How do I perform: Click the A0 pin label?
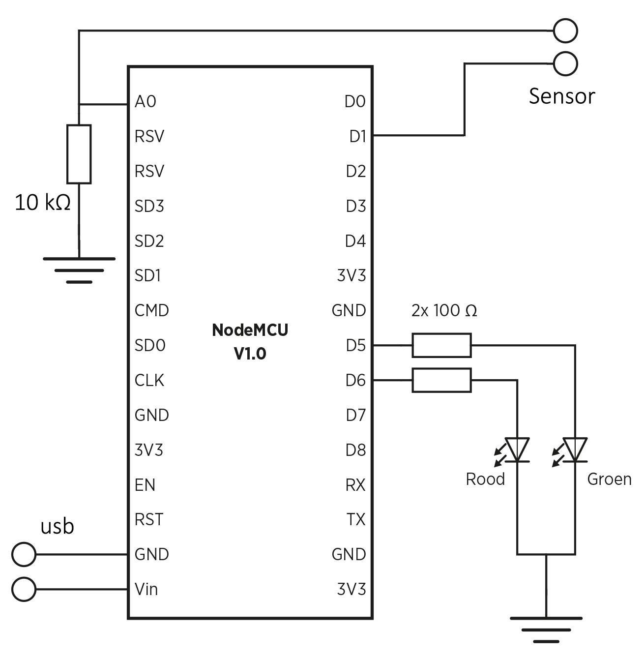(x=145, y=101)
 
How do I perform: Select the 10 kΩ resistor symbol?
(x=79, y=154)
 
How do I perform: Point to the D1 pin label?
(x=357, y=136)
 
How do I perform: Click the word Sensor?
(x=561, y=96)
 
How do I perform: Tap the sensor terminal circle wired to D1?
(x=565, y=64)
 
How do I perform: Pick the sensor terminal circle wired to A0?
(x=565, y=30)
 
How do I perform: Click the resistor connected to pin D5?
(x=441, y=345)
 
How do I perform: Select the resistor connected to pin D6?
(x=441, y=380)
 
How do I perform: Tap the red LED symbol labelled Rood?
(x=517, y=450)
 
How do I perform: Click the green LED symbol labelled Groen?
(x=575, y=450)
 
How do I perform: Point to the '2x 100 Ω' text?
(x=444, y=311)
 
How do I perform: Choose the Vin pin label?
(x=146, y=589)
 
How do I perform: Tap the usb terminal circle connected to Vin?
(x=24, y=589)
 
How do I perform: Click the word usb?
(x=57, y=526)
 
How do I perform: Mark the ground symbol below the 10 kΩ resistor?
(x=79, y=270)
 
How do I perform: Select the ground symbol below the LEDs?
(x=546, y=629)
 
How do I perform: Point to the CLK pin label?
(x=149, y=380)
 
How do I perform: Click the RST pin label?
(x=148, y=519)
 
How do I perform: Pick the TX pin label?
(x=356, y=519)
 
